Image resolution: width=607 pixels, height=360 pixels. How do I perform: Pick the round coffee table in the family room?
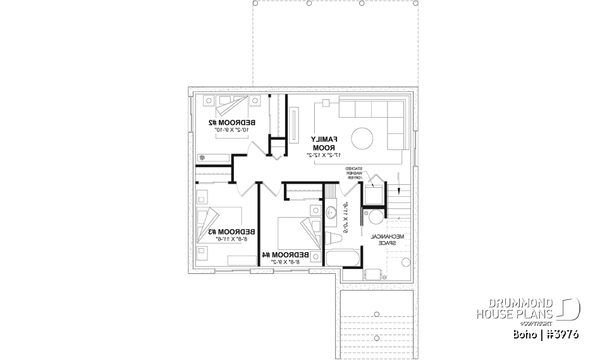(363, 138)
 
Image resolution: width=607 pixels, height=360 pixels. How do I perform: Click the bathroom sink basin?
(331, 213)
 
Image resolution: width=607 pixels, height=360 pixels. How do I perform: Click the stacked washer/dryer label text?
(355, 173)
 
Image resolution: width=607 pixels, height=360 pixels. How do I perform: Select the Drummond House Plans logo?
(527, 309)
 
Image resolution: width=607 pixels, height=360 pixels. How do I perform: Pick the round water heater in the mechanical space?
(376, 218)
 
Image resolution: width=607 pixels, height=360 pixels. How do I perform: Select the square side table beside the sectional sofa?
(326, 102)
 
